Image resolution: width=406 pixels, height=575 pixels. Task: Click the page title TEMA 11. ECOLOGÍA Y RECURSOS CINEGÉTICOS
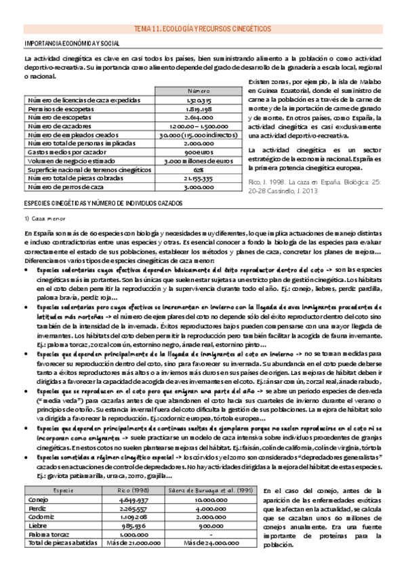[x=203, y=29]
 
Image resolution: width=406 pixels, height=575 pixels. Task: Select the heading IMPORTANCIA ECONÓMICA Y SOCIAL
[x=72, y=44]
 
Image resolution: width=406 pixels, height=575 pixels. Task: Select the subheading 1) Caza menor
[x=43, y=219]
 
